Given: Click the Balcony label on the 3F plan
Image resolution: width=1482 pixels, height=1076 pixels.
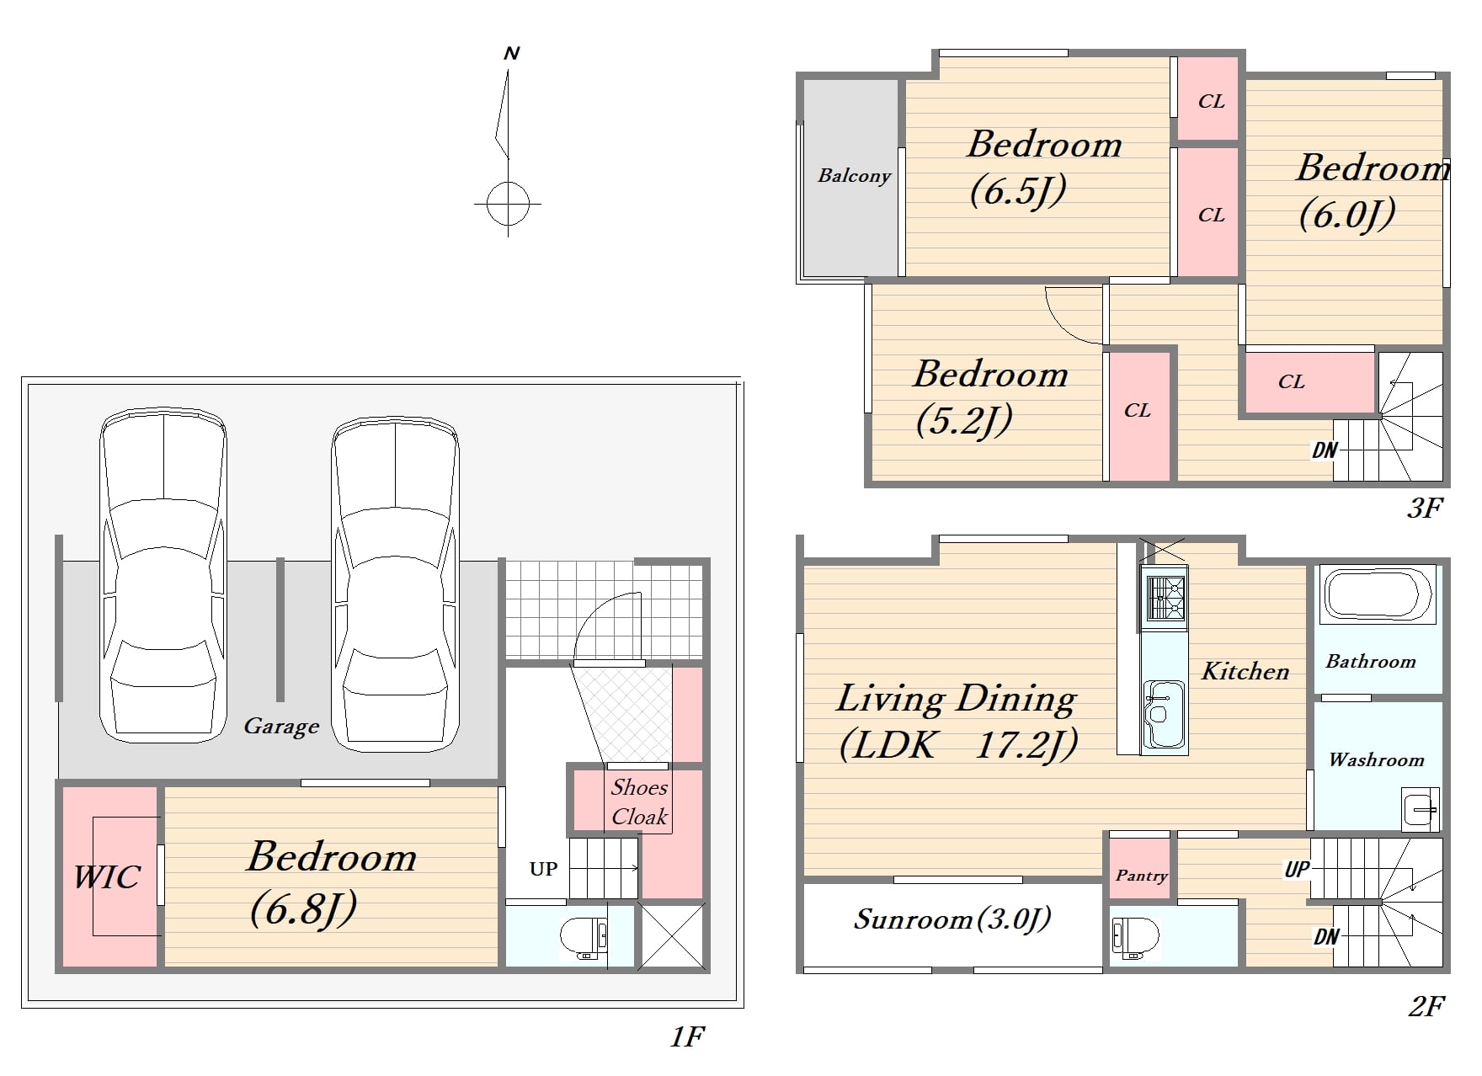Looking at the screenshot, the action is (854, 175).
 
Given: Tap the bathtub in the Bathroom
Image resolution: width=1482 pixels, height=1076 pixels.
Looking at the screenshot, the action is (1378, 594).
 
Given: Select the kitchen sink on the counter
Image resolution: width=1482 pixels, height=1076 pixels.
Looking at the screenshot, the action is (1164, 714).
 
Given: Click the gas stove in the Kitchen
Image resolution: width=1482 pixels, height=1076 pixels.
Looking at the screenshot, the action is (1164, 597).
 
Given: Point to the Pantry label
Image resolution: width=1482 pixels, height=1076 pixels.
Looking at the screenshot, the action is (1141, 876).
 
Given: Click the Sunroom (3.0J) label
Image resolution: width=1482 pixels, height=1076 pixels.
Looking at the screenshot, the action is (952, 919).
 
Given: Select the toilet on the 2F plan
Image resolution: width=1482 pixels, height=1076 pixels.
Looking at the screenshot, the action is (1135, 937).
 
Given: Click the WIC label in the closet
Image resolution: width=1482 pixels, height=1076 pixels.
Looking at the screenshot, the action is (106, 877).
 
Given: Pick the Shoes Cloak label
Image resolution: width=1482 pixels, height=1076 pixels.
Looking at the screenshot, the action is (639, 802).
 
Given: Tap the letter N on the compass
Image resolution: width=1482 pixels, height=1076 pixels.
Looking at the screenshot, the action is (511, 54).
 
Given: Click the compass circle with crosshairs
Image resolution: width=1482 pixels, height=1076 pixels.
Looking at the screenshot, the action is (508, 203).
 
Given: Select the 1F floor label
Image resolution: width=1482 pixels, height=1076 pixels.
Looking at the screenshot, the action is (687, 1036).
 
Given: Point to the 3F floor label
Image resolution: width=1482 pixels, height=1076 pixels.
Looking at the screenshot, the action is (1425, 508).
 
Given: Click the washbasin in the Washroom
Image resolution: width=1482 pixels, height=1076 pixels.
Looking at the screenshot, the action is (1421, 809).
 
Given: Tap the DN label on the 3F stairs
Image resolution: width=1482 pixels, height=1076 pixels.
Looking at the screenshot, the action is (1325, 450).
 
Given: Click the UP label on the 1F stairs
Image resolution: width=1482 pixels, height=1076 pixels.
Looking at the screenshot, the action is (543, 869).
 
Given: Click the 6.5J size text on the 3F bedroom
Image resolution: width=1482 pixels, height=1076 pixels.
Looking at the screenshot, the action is (1018, 191).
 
